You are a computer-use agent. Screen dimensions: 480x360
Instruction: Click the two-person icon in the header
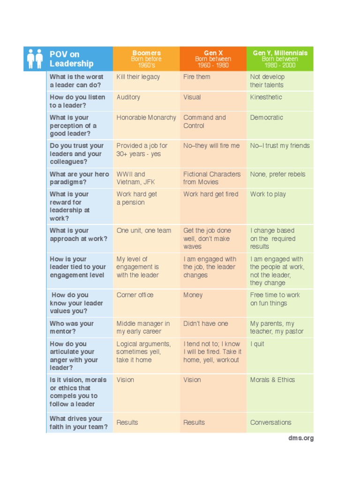[x=35, y=59]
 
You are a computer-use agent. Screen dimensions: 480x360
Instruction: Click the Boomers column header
[x=146, y=59]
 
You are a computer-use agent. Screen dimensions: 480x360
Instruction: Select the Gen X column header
[x=213, y=59]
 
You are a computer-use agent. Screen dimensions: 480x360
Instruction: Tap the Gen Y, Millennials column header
[x=280, y=59]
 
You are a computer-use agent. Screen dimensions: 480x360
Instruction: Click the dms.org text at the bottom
[x=301, y=438]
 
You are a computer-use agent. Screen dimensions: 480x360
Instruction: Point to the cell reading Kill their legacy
[x=138, y=77]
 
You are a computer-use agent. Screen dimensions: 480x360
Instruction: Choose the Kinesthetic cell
[x=266, y=97]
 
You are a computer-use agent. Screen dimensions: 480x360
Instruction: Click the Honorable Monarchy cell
[x=146, y=118]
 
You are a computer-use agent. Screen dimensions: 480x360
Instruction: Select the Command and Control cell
[x=204, y=121]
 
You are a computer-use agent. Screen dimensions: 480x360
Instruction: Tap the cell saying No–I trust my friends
[x=280, y=146]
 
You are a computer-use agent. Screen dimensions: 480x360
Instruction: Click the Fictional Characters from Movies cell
[x=212, y=178]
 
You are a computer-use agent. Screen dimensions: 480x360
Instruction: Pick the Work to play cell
[x=268, y=194]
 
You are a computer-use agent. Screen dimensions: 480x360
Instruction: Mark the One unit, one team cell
[x=144, y=231]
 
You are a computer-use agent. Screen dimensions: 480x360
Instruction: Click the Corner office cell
[x=135, y=295]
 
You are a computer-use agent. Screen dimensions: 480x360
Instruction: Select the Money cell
[x=193, y=295]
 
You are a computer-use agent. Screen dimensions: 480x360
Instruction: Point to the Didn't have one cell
[x=206, y=323]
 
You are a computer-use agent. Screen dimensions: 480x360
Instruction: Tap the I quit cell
[x=257, y=344]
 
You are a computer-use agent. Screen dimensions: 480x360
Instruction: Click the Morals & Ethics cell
[x=272, y=380]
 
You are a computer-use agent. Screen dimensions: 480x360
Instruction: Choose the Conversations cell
[x=270, y=422]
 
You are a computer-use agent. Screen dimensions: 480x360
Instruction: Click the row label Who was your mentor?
[x=72, y=327]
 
